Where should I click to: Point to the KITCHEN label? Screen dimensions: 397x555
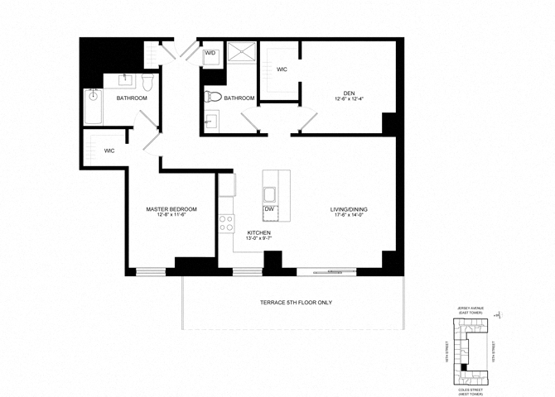[258, 233]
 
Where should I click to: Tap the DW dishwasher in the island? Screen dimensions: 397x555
[269, 210]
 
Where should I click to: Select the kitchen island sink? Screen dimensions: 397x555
[270, 194]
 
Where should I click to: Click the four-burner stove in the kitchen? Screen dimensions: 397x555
[225, 222]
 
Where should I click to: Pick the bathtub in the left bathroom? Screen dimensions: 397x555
[93, 106]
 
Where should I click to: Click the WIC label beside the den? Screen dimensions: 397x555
[282, 69]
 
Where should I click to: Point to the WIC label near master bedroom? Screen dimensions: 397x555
[109, 151]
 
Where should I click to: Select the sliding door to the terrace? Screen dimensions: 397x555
[327, 270]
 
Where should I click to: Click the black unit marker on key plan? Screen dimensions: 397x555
[465, 366]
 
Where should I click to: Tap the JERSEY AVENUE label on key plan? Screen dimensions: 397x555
[470, 311]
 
